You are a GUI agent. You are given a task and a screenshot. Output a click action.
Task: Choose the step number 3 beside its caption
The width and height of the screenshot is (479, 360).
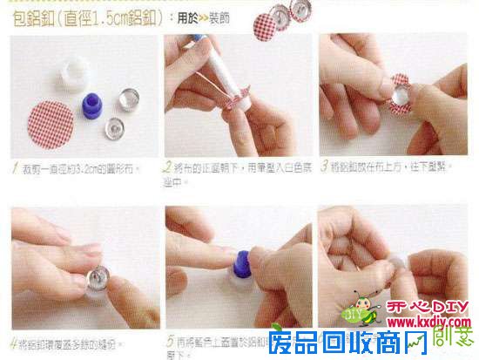coord(324,166)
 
